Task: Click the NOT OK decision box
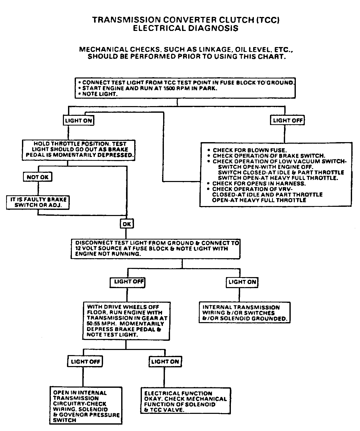[x=38, y=177]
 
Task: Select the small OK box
[x=127, y=224]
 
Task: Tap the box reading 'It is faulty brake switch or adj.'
[x=38, y=202]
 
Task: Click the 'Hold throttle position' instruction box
[x=78, y=150]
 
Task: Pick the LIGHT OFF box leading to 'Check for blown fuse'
[x=287, y=120]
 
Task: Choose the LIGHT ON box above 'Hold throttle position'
[x=78, y=120]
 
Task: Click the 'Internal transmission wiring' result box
[x=244, y=313]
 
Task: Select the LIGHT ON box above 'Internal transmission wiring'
[x=242, y=282]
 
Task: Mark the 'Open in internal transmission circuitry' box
[x=86, y=406]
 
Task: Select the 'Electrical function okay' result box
[x=186, y=401]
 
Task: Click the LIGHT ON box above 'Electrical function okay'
[x=165, y=361]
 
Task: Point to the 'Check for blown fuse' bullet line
[x=249, y=150]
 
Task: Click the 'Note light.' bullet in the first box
[x=100, y=94]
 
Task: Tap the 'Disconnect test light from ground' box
[x=155, y=248]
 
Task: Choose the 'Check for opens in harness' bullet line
[x=259, y=184]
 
